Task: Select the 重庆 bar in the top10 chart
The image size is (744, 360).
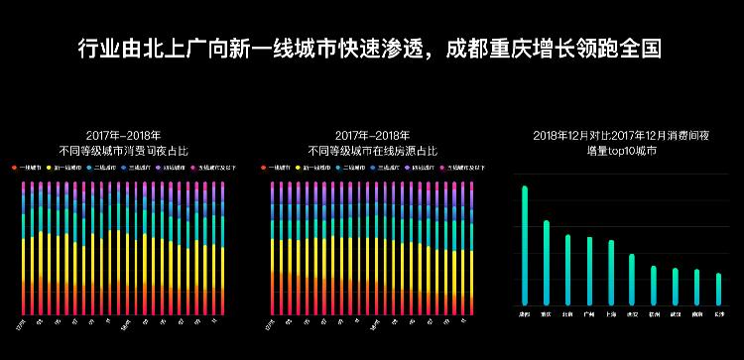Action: tap(547, 262)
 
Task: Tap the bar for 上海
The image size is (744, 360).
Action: tap(611, 272)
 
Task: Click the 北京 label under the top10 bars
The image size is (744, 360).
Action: tap(568, 313)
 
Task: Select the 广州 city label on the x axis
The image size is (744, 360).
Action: tap(589, 313)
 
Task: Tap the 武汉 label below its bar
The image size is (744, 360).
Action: tap(676, 313)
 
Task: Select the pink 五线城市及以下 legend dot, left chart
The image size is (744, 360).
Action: tap(193, 169)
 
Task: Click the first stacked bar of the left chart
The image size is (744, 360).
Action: tap(22, 248)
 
